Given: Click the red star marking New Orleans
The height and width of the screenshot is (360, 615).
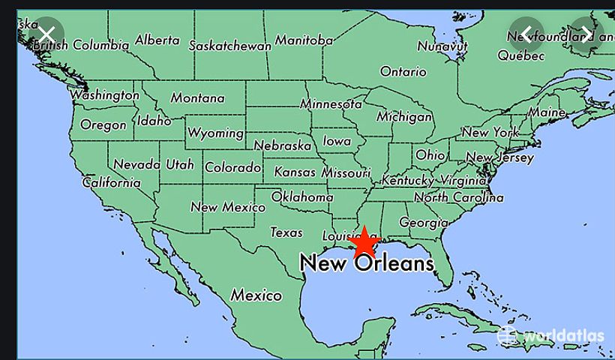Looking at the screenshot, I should click(364, 243).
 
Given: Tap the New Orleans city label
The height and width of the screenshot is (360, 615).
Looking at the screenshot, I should click(367, 263).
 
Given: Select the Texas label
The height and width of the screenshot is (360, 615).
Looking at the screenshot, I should click(286, 232).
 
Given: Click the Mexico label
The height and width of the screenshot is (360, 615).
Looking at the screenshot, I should click(256, 295).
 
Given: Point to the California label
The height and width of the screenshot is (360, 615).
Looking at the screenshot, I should click(111, 182).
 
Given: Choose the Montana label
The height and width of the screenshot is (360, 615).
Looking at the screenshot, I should click(197, 98).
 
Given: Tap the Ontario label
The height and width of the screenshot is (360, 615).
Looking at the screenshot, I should click(403, 72).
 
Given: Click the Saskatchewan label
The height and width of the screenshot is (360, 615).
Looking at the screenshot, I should click(229, 46).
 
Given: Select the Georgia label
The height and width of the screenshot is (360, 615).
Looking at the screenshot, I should click(424, 223).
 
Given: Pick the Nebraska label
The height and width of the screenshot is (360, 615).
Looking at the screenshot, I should click(283, 145).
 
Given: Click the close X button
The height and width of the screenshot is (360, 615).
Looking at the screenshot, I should click(46, 34).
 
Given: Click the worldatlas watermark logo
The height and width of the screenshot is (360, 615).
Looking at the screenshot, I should click(551, 335).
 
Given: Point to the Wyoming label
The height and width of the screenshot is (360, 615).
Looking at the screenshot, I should click(215, 133).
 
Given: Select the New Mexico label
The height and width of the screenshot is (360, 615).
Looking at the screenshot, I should click(227, 207).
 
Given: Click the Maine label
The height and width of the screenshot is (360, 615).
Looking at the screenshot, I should click(547, 112).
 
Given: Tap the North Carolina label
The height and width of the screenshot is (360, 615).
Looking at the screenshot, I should click(459, 198).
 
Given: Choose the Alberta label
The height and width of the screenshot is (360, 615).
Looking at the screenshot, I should click(157, 40).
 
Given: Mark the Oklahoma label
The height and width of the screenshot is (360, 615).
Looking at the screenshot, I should click(302, 197).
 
